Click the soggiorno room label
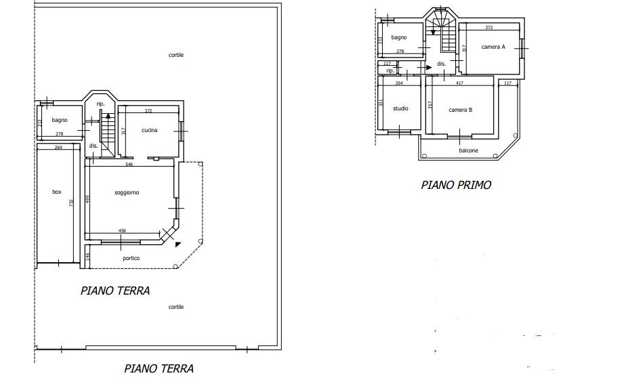coord(127,192)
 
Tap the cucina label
coord(149,130)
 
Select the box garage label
coord(57,192)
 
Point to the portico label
coord(131,258)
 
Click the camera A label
coord(493,47)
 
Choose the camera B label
coord(461,110)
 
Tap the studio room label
coord(400,108)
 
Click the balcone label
coord(469,150)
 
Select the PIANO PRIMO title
coord(456,185)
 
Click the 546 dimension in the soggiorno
coord(129,165)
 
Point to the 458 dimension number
coord(122,231)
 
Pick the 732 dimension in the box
coord(71,203)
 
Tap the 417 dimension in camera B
coord(459,83)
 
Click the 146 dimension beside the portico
coord(88,256)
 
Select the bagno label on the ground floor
coord(60,120)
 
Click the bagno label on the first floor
coord(398,37)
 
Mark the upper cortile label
coord(176,55)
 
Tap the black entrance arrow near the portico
coord(178,245)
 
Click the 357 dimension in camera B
coord(430,104)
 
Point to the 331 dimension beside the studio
coord(381,102)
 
